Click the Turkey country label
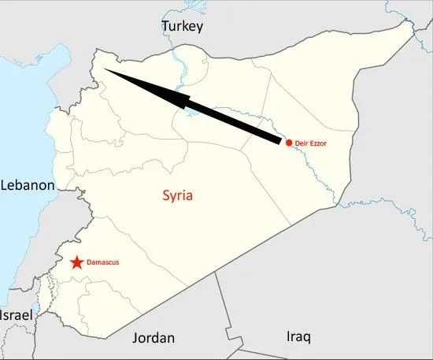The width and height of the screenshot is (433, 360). click(183, 27)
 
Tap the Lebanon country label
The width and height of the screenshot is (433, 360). click(28, 186)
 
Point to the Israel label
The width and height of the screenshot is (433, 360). click(17, 315)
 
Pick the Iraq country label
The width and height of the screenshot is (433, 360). click(298, 337)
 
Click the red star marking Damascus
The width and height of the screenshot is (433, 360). click(76, 262)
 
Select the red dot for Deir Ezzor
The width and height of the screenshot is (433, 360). click(289, 142)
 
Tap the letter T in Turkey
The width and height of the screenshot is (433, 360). click(166, 27)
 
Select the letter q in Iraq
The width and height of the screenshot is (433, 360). click(305, 339)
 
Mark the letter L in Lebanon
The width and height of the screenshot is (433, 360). click(5, 186)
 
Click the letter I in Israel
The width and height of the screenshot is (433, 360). click(2, 315)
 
